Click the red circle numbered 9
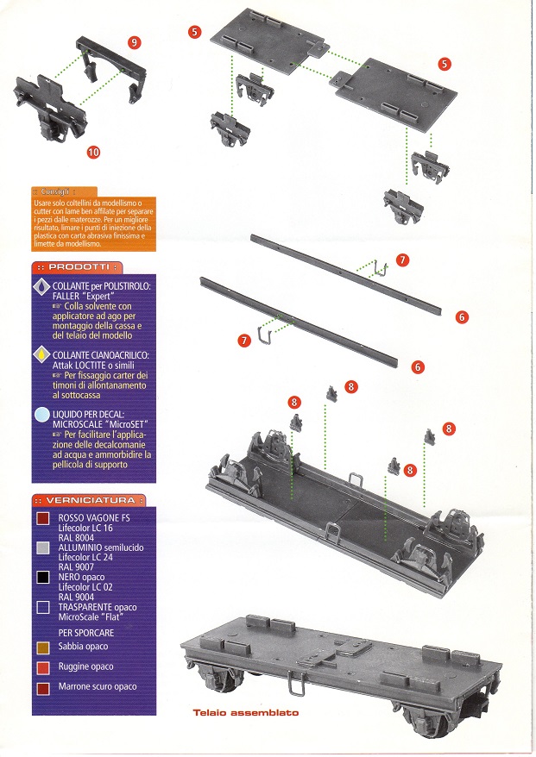[134, 41]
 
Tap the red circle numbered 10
[93, 152]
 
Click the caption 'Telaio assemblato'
[246, 713]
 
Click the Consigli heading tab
[63, 191]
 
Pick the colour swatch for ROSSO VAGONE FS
[42, 518]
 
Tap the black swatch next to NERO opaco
[42, 578]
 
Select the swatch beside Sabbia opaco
[42, 646]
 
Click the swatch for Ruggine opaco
[42, 666]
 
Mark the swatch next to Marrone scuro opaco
[42, 687]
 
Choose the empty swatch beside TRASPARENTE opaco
[42, 607]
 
